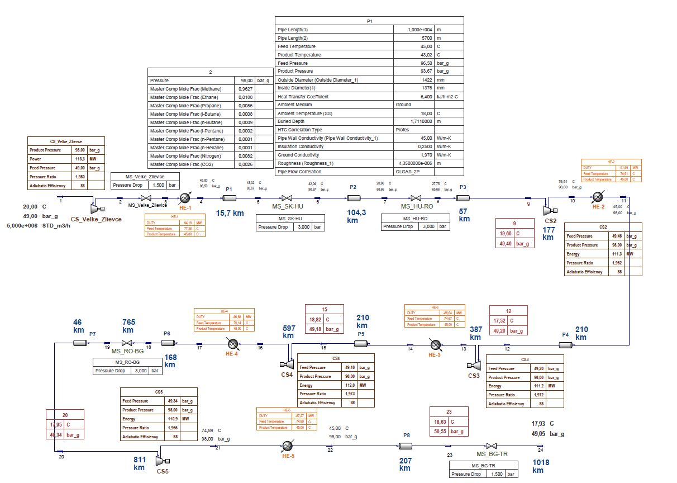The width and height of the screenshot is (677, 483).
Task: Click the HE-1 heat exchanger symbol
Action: pyautogui.click(x=185, y=198)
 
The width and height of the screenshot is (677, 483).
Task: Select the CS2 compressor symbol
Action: pyautogui.click(x=548, y=210)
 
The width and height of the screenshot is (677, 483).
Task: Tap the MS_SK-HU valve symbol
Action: pyautogui.click(x=287, y=198)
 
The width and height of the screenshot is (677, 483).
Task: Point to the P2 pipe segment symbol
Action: pyautogui.click(x=353, y=198)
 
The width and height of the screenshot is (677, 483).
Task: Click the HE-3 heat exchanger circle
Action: pyautogui.click(x=435, y=344)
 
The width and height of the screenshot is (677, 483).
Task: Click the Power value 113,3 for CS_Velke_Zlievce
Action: pyautogui.click(x=80, y=159)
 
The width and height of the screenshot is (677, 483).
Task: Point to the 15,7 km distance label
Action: pyautogui.click(x=230, y=213)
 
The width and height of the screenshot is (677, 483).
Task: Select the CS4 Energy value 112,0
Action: pyautogui.click(x=349, y=385)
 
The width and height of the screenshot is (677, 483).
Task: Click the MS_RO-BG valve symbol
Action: pyautogui.click(x=127, y=343)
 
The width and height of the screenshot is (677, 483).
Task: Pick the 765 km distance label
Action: pyautogui.click(x=129, y=326)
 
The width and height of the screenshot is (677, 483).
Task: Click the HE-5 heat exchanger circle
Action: pyautogui.click(x=288, y=446)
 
